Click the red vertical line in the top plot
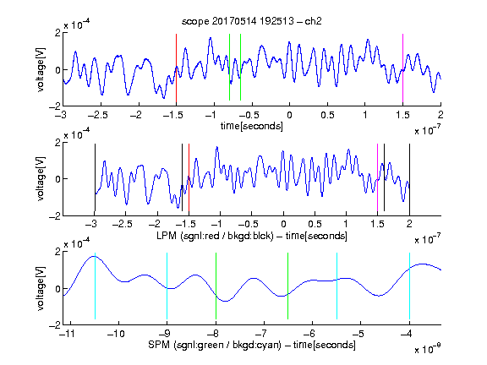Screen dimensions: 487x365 point(176,68)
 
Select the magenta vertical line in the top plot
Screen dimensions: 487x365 point(402,68)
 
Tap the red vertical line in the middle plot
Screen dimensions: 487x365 point(189,177)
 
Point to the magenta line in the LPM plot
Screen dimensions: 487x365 point(377,177)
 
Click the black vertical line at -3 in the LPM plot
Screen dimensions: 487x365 point(95,177)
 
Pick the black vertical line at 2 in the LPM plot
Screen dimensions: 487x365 point(409,177)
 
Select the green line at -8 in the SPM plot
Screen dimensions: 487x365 point(216,286)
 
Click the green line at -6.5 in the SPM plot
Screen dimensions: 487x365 point(288,286)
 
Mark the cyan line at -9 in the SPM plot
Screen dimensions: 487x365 point(167,286)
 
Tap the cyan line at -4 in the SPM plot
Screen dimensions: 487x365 point(409,286)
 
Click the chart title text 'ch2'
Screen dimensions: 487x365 point(313,21)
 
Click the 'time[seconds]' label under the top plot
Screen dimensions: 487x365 point(252,126)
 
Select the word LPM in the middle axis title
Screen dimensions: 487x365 point(167,236)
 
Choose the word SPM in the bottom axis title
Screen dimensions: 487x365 point(159,345)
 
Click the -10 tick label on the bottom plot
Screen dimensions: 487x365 point(116,334)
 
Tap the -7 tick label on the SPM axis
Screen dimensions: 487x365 point(263,334)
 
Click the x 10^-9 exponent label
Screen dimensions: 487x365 point(427,348)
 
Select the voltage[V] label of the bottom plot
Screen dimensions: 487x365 point(41,288)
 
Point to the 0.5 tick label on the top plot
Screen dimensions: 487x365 point(327,115)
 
